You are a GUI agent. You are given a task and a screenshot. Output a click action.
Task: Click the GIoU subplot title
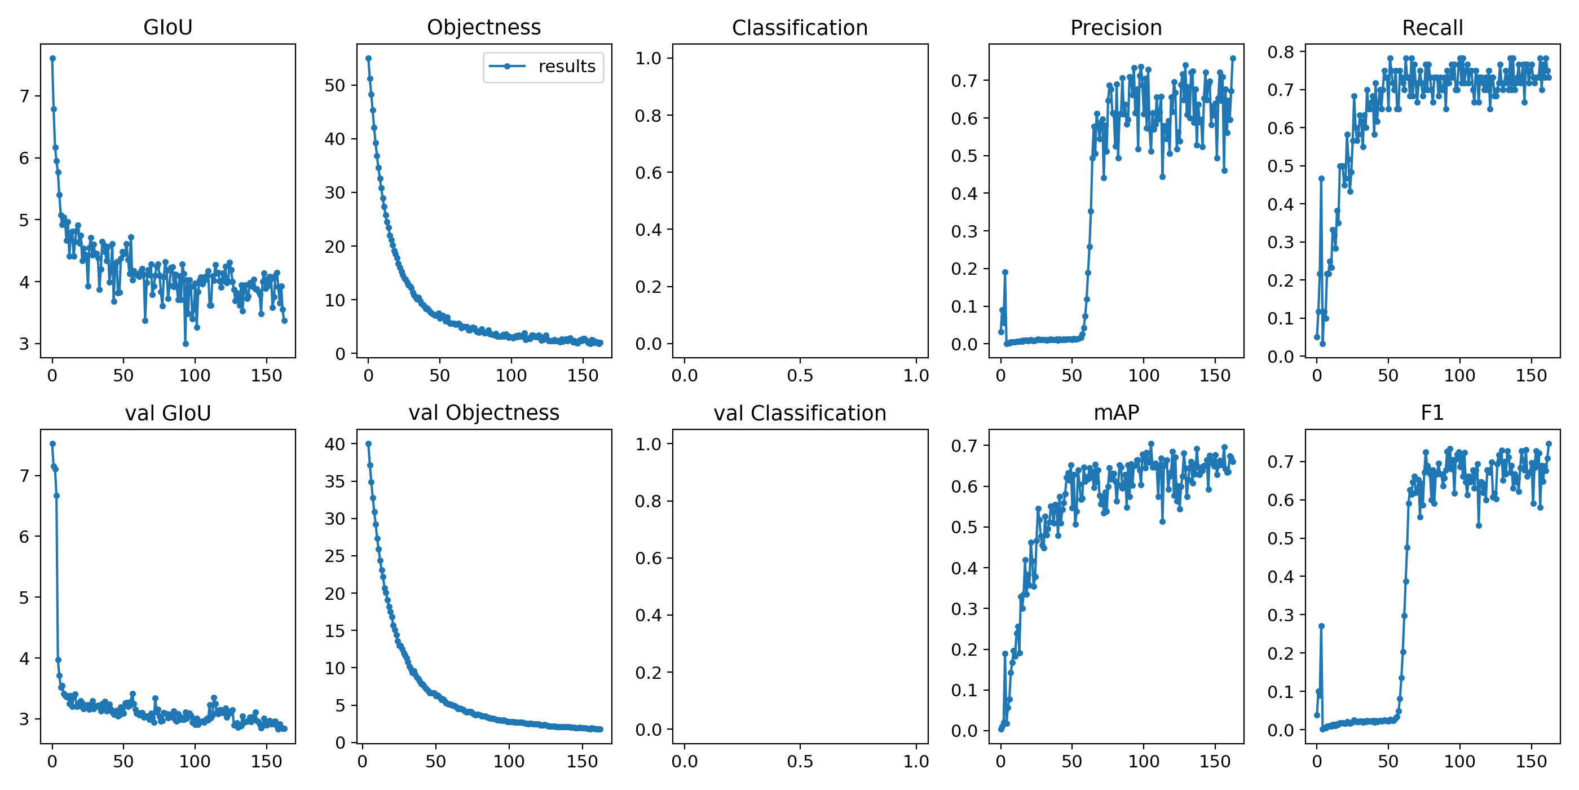[167, 27]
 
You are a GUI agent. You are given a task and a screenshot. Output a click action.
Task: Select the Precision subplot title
[1115, 28]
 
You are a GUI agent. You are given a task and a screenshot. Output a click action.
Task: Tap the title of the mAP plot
[1115, 413]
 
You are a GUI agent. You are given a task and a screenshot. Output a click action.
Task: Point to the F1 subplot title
[1432, 413]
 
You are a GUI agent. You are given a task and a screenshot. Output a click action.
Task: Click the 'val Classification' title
[799, 413]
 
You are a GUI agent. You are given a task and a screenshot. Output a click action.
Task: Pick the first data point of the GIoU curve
[52, 58]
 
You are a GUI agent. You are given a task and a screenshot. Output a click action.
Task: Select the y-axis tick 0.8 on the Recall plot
[1281, 52]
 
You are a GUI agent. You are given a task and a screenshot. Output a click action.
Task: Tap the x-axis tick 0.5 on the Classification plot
[799, 375]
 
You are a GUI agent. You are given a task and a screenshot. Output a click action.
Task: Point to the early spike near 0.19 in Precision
[1005, 272]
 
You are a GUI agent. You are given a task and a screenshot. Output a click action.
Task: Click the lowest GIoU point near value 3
[186, 344]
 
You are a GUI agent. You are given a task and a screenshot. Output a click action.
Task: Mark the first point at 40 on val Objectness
[368, 444]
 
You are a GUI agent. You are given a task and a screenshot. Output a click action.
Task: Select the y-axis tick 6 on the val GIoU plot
[24, 537]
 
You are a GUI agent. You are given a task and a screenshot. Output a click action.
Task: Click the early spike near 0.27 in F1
[1321, 626]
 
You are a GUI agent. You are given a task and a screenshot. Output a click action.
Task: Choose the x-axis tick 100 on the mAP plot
[1143, 761]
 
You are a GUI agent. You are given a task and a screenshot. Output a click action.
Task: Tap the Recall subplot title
[1432, 28]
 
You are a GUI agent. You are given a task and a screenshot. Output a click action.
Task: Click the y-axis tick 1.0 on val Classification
[648, 444]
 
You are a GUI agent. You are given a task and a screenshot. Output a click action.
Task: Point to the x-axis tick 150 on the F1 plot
[1531, 761]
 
